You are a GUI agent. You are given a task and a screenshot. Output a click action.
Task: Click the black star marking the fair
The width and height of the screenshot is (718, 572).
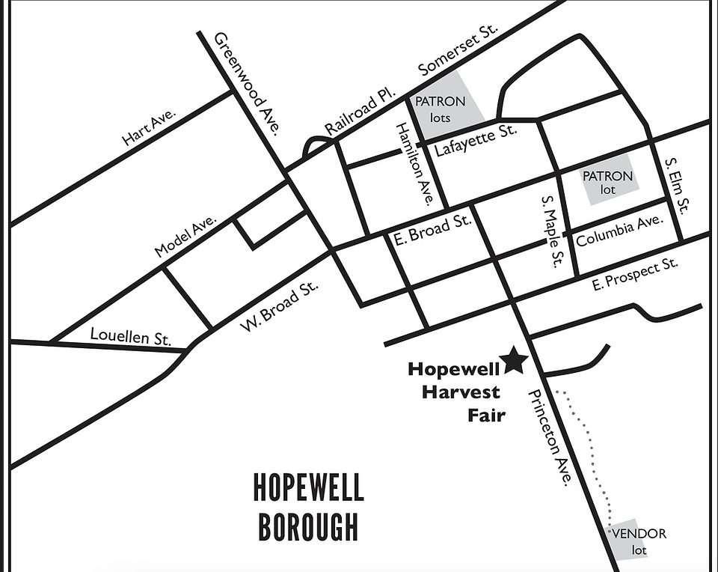click(x=515, y=361)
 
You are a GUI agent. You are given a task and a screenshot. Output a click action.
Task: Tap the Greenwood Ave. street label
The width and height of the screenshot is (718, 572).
click(x=246, y=83)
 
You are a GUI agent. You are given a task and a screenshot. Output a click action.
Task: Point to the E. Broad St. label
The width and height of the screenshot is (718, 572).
click(x=432, y=230)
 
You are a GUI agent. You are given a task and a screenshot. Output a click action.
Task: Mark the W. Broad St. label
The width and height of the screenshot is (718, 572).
click(x=279, y=305)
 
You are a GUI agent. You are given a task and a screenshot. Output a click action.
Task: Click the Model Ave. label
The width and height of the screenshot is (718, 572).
click(x=185, y=237)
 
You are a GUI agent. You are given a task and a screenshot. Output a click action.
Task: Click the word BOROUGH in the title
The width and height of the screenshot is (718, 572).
click(x=308, y=526)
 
